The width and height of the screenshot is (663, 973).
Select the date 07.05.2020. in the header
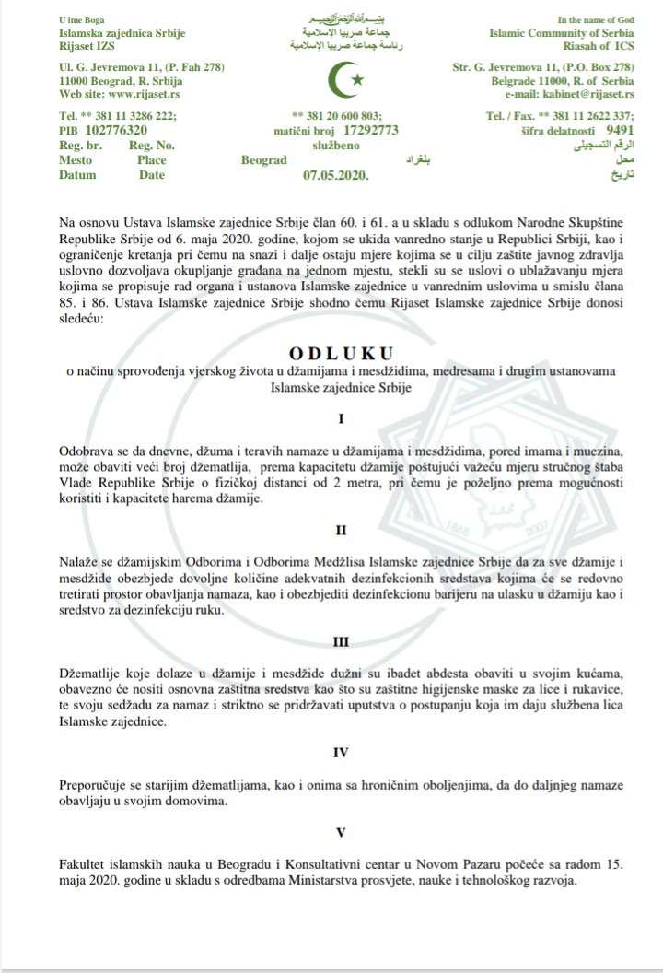pyautogui.click(x=335, y=175)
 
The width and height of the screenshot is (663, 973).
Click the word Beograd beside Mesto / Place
pyautogui.click(x=264, y=160)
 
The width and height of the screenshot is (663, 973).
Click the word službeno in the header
pyautogui.click(x=338, y=146)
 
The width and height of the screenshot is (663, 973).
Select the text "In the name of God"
pyautogui.click(x=596, y=19)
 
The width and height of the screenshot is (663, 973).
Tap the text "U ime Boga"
pyautogui.click(x=81, y=19)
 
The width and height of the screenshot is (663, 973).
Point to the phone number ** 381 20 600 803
pyautogui.click(x=335, y=116)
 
